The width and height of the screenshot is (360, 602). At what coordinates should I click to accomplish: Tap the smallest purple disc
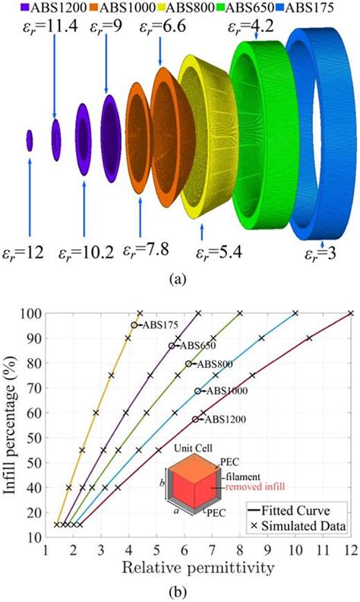[30, 140]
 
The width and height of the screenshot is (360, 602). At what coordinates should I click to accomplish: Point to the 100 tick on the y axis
[30, 312]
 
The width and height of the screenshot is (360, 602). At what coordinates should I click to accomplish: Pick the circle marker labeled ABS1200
[196, 419]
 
